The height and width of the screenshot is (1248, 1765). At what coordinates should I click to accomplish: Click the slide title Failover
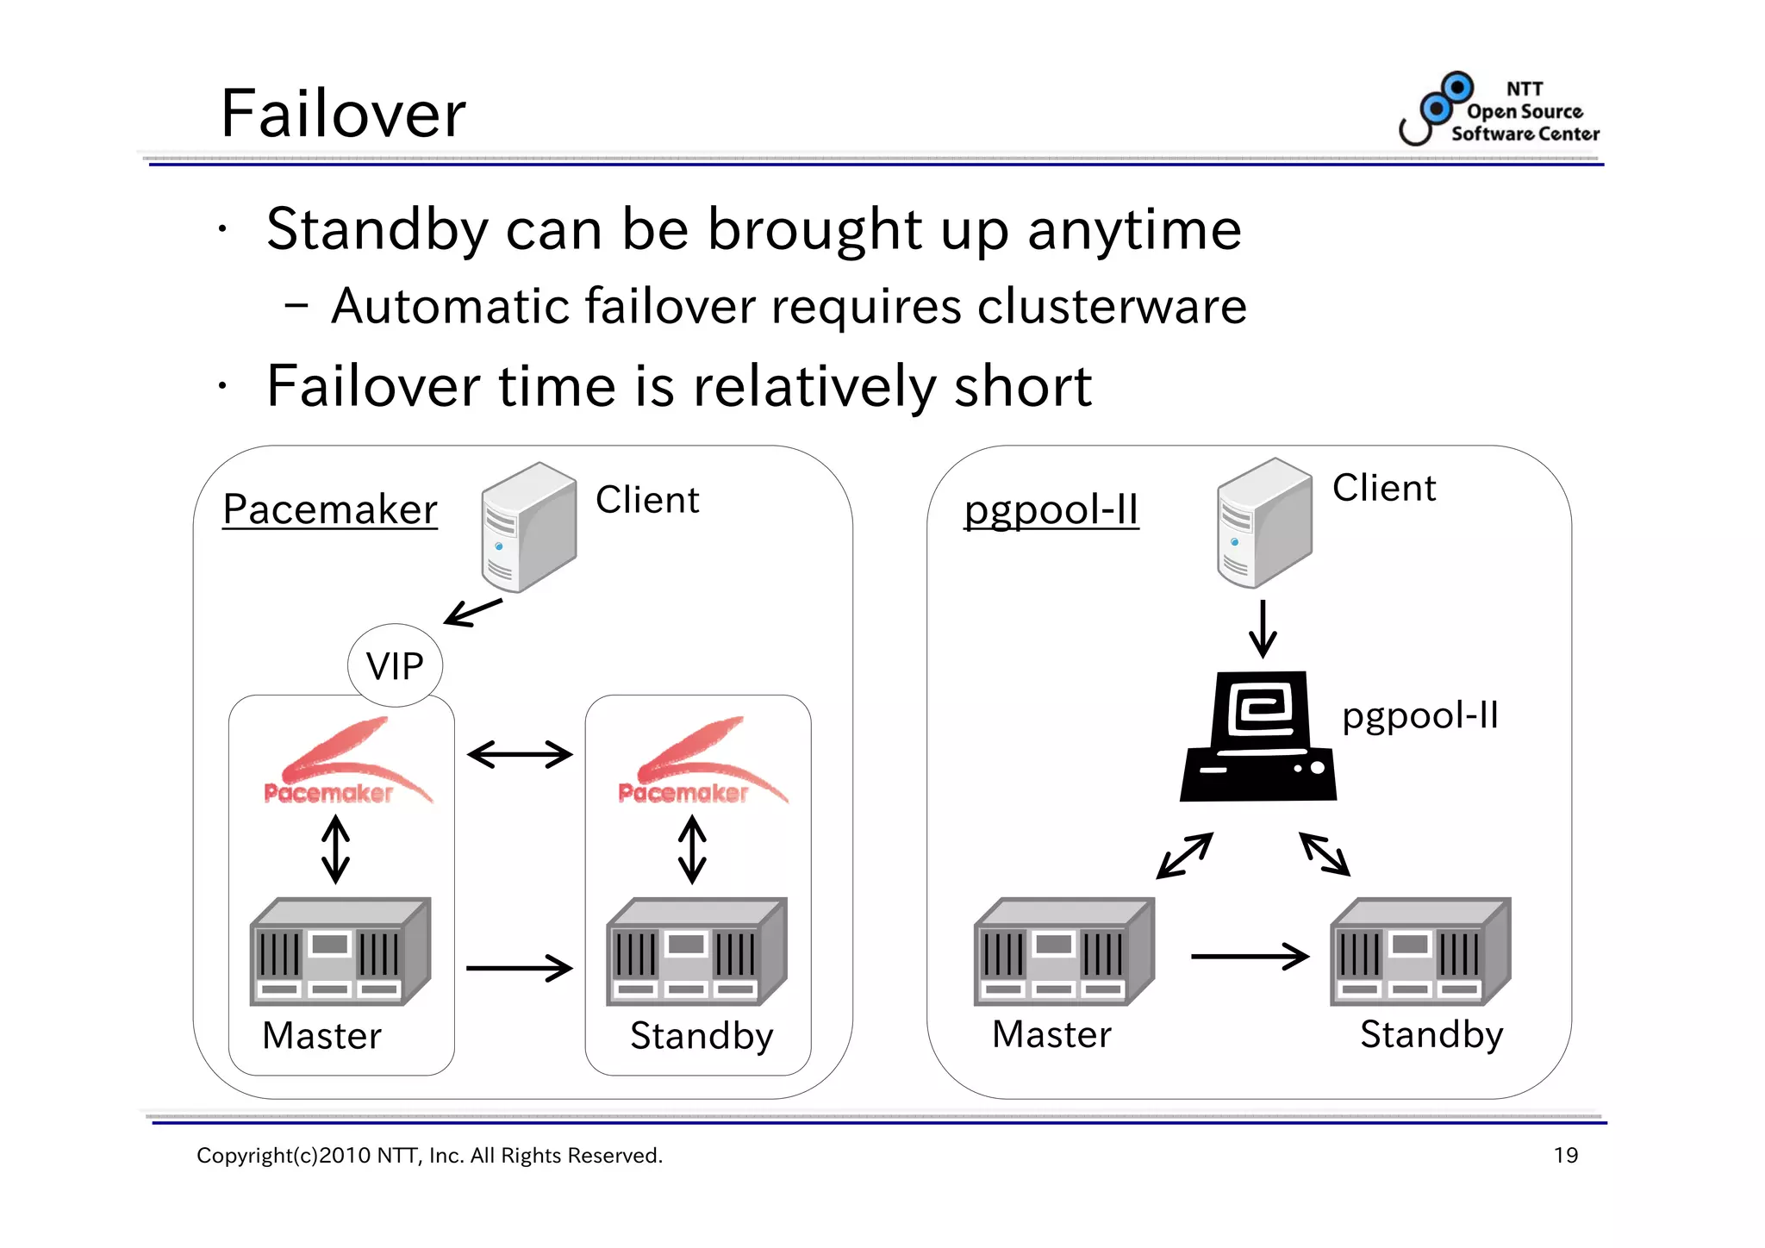pos(343,115)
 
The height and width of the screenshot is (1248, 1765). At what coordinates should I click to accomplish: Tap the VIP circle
pos(395,665)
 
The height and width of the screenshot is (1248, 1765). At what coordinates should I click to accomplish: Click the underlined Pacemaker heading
pos(330,509)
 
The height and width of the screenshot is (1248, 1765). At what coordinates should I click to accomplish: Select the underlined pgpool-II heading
pos(1051,509)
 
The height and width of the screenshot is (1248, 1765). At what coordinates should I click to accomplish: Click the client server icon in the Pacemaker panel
pos(527,527)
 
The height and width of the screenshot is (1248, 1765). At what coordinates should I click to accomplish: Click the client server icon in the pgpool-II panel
pos(1263,523)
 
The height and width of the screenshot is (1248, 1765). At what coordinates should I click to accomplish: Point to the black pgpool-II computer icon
pos(1258,738)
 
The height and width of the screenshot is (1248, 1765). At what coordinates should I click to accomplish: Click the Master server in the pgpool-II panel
pos(1063,952)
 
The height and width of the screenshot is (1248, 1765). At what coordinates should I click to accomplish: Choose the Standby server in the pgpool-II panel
pos(1420,952)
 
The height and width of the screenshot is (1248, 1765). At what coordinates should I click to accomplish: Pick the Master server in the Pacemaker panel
pos(340,952)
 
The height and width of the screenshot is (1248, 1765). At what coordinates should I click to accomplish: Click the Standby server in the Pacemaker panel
pos(696,952)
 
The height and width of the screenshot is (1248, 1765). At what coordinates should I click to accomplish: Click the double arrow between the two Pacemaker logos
pos(520,755)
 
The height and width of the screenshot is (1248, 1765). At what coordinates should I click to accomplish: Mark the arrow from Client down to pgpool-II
pos(1263,629)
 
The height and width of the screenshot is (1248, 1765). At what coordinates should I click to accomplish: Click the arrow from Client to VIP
pos(472,613)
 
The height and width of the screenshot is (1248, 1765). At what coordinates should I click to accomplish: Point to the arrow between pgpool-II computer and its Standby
pos(1325,854)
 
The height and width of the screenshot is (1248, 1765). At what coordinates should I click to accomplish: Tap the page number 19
pos(1565,1156)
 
